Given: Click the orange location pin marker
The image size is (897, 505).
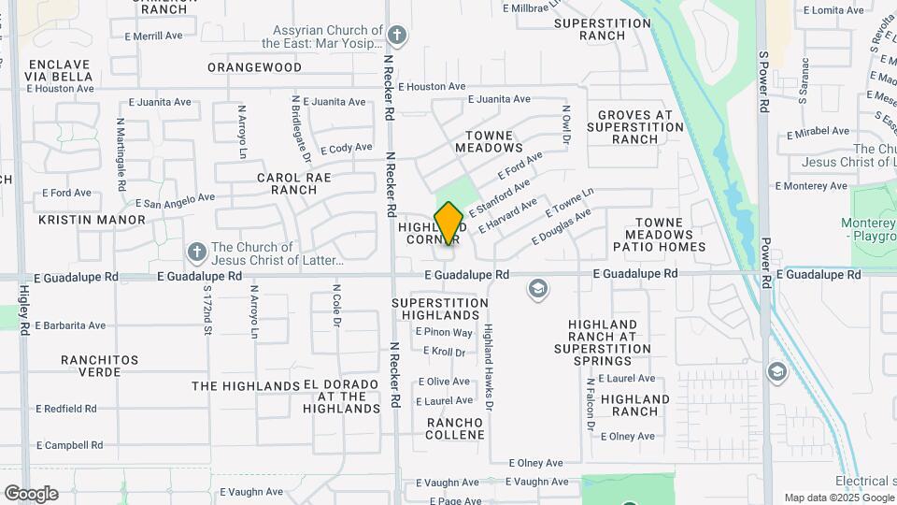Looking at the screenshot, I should [448, 223].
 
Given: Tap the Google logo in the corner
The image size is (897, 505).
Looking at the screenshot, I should [31, 493].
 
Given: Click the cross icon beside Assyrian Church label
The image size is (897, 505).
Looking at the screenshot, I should [397, 36].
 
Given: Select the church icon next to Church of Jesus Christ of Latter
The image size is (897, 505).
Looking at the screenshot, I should [196, 252].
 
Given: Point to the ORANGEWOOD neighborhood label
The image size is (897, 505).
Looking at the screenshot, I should [254, 67].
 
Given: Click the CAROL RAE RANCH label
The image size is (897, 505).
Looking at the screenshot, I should [293, 182].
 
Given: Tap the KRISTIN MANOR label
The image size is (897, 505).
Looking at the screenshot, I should [93, 220].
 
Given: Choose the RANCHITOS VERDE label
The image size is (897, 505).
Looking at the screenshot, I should [99, 366].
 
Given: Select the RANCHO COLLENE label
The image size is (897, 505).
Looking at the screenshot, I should [455, 428].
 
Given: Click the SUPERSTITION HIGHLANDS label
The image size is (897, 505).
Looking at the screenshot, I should [439, 310].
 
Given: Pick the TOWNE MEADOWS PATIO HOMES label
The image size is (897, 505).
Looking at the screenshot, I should [659, 235].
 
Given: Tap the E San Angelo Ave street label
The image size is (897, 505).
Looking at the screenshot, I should [175, 200].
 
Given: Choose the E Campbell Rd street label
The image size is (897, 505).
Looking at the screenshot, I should [69, 445].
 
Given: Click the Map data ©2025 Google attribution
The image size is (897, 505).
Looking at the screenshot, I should [839, 498].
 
